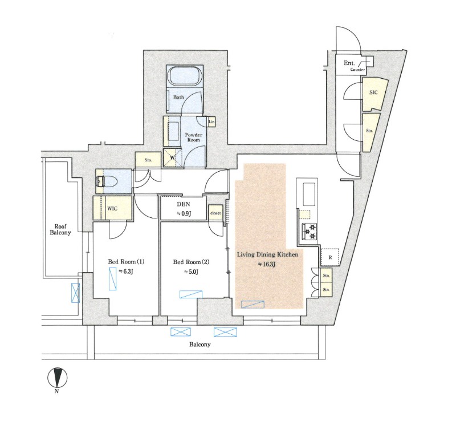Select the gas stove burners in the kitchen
[x=310, y=230]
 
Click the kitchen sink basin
[x=310, y=195]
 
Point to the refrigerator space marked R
[x=330, y=257]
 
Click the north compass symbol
[x=58, y=378]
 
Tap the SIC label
[x=373, y=92]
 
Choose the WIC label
[x=112, y=208]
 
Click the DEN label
[x=183, y=205]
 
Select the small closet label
[x=215, y=213]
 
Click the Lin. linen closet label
[x=211, y=122]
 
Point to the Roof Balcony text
[x=60, y=229]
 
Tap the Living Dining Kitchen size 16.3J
[x=267, y=265]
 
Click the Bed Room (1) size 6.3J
[x=126, y=272]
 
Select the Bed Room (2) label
[x=191, y=262]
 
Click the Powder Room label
[x=194, y=137]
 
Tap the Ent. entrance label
[x=349, y=63]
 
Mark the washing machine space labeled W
[x=172, y=157]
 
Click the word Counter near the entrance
[x=358, y=70]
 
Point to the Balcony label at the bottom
[x=200, y=345]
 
